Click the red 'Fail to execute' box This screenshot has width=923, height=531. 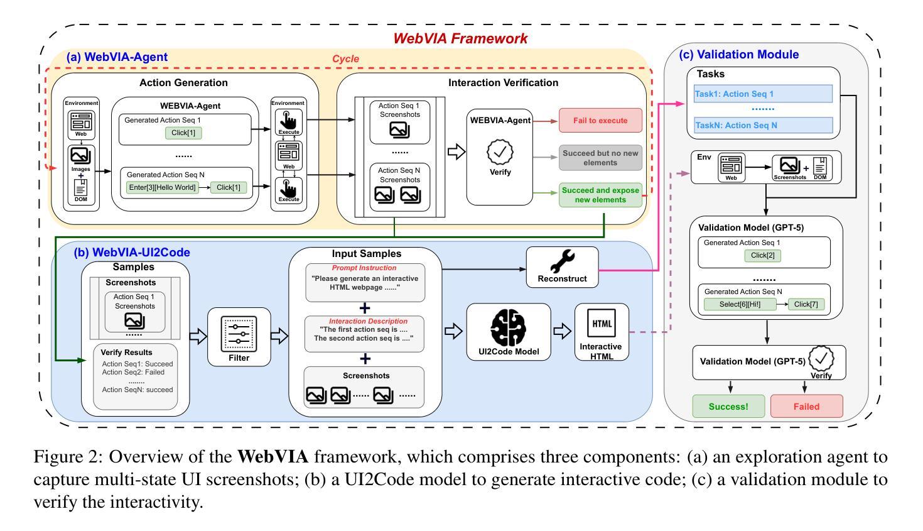(600, 120)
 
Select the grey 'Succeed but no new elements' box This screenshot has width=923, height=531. (600, 158)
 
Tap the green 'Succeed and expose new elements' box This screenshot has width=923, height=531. (600, 195)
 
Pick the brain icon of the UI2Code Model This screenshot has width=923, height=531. (508, 326)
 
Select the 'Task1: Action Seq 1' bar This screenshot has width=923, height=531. (763, 94)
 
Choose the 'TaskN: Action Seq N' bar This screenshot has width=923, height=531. (763, 125)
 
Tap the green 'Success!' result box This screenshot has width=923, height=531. (728, 406)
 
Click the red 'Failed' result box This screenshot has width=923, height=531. (806, 406)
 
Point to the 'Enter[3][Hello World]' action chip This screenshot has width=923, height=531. (162, 187)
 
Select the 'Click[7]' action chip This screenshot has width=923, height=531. (806, 305)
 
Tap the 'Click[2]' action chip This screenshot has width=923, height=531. (763, 256)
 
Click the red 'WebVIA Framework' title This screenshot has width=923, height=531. (460, 38)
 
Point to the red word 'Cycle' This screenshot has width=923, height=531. (345, 59)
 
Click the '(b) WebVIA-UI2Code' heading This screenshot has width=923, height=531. (132, 253)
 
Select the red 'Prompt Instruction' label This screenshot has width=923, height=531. (364, 268)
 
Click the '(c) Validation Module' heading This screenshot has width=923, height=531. (739, 55)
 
